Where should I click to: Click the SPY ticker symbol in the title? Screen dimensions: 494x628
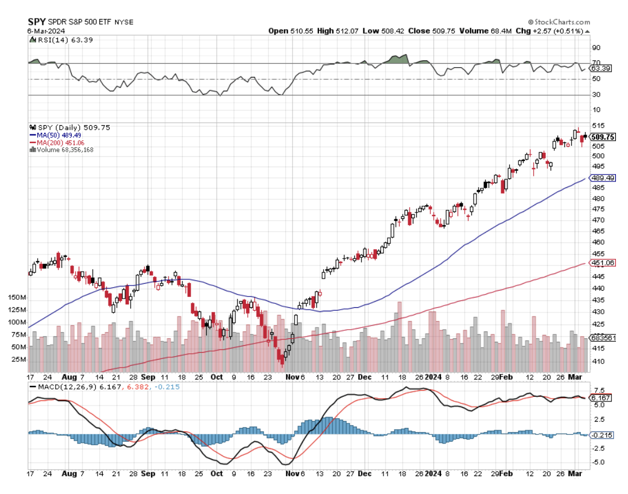(x=37, y=21)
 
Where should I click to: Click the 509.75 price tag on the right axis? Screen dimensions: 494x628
(x=603, y=137)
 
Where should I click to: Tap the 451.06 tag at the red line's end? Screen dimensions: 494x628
(x=603, y=263)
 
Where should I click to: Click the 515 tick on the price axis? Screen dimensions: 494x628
(x=598, y=125)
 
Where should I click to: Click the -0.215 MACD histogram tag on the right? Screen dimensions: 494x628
(x=603, y=435)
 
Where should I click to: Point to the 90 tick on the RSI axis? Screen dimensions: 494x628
(x=596, y=48)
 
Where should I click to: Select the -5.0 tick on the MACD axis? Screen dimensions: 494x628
(x=599, y=462)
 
